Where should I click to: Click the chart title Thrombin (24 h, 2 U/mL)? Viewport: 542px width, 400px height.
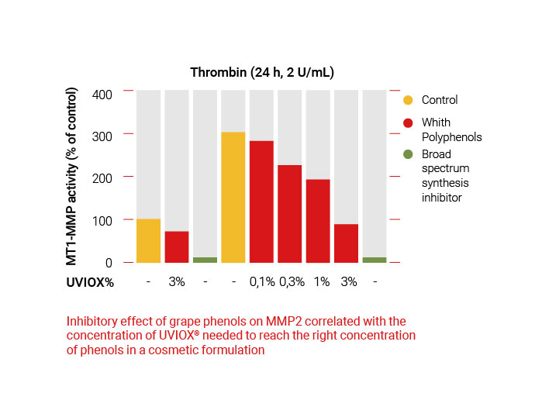coord(262,73)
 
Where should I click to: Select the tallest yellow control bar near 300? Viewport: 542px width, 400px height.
coord(233,197)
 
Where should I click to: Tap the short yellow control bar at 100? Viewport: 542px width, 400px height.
coord(148,240)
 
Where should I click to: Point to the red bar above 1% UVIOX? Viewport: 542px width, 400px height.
coord(318,221)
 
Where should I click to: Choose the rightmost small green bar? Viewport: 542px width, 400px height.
coord(375,260)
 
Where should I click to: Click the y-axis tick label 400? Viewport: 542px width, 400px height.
coord(102,95)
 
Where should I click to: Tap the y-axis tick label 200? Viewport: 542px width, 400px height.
coord(102,178)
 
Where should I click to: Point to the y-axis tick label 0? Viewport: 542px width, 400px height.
coord(109,263)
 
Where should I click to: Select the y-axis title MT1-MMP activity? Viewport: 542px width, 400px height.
coord(72,177)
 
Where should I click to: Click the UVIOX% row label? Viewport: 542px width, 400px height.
coord(89,282)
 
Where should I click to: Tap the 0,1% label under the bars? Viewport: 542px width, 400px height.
coord(262,282)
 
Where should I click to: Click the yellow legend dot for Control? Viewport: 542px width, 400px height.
coord(408,100)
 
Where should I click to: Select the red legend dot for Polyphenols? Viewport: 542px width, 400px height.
coord(408,122)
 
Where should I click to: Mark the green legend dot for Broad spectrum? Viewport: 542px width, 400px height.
coord(408,153)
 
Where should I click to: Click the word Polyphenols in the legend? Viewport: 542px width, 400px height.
coord(452,137)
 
